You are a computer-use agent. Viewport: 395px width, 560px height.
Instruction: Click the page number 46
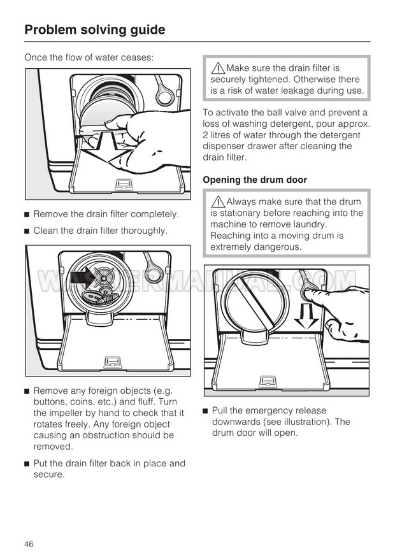pos(29,544)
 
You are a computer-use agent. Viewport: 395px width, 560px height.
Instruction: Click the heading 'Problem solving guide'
pos(95,30)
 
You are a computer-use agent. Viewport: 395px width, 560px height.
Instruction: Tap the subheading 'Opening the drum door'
pos(255,180)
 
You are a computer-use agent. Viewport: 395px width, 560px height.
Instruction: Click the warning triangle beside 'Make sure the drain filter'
pos(217,68)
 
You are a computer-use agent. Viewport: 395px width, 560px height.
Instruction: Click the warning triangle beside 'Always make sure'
pos(217,201)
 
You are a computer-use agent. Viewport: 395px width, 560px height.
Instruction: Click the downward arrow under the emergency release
pos(306,317)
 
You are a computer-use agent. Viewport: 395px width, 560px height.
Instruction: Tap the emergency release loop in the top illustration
pos(163,90)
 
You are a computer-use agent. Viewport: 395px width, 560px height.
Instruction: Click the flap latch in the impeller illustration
pos(111,362)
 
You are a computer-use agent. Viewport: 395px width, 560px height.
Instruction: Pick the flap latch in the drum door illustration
pos(267,381)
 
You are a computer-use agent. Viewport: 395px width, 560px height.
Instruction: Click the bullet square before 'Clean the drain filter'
pos(26,231)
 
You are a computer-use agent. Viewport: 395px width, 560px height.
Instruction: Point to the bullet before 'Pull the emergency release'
pos(205,411)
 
